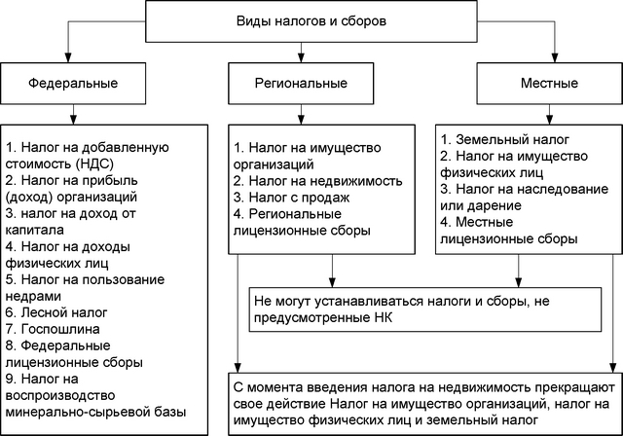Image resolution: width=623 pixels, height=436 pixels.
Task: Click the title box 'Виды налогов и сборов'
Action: [x=311, y=21]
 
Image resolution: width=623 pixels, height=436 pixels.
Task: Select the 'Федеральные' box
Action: [x=73, y=84]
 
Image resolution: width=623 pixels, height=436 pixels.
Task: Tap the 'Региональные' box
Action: [x=301, y=84]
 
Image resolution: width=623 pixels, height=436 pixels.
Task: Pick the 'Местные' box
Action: [x=549, y=84]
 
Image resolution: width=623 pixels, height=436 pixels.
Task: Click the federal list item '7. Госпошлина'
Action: [x=53, y=329]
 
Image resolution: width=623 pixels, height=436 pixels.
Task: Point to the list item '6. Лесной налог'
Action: [x=56, y=312]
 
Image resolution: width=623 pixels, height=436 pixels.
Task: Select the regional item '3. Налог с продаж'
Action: [x=292, y=198]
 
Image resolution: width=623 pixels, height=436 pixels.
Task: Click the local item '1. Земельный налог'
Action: [x=504, y=139]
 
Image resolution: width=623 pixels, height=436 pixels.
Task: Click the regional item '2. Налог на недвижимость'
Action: [x=318, y=181]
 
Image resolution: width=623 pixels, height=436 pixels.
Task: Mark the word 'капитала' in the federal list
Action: [x=35, y=231]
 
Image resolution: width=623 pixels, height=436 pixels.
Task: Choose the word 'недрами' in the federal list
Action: [x=33, y=296]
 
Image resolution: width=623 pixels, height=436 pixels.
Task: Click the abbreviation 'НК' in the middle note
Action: [x=383, y=318]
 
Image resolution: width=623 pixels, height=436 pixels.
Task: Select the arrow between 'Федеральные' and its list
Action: [x=73, y=115]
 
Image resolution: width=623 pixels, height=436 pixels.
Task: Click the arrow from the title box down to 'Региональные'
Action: [x=301, y=53]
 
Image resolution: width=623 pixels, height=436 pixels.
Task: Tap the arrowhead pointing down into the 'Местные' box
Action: [x=555, y=57]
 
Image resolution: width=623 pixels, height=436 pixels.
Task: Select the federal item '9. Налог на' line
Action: [x=42, y=379]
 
